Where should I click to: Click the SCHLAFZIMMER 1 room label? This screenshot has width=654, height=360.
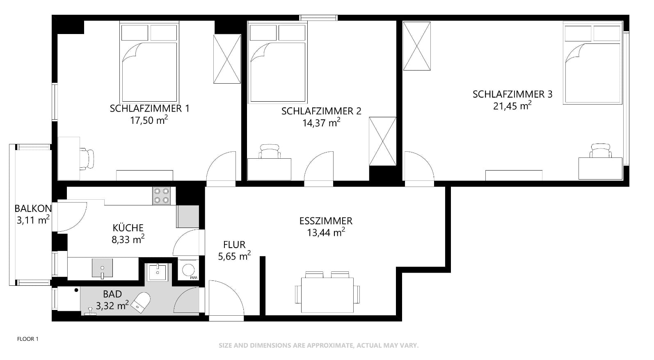(149, 108)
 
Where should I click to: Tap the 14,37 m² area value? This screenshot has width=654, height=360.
(321, 123)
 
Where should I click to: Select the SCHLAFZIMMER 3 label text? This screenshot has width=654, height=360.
(512, 94)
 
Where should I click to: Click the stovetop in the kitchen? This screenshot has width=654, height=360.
(161, 196)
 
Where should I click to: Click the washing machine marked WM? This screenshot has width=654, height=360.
(188, 270)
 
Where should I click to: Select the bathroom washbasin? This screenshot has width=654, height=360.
(157, 272)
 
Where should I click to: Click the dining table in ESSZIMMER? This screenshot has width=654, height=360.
(327, 295)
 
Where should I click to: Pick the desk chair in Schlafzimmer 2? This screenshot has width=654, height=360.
(270, 151)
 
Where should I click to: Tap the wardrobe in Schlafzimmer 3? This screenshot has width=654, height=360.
(416, 46)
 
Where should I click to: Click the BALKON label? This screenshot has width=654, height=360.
(33, 208)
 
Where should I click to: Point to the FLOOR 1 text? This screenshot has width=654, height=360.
(28, 339)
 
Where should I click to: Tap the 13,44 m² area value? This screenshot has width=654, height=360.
(326, 233)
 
